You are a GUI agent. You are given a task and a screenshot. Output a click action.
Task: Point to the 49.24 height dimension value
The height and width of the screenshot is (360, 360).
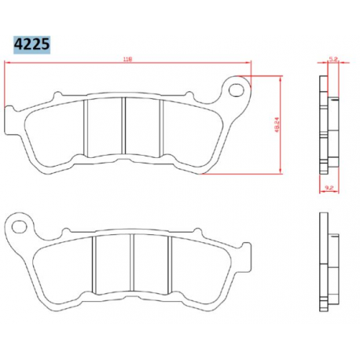[x=274, y=125]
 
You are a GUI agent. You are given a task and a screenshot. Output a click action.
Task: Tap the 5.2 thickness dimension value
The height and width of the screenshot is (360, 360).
[x=332, y=59]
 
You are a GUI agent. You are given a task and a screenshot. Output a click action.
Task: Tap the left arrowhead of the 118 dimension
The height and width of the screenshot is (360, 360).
[x=7, y=65]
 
